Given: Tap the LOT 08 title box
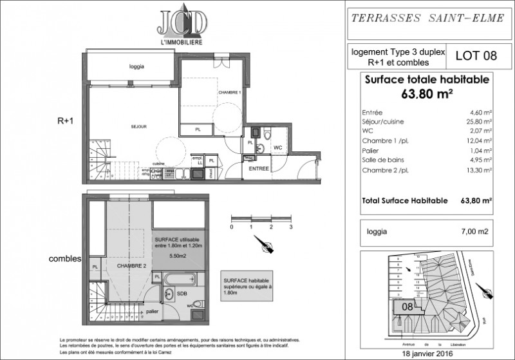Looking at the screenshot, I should tap(471, 55).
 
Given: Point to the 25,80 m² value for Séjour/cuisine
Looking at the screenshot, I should tap(481, 121).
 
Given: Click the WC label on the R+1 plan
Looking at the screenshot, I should tap(277, 147).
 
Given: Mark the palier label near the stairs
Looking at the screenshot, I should tap(152, 311).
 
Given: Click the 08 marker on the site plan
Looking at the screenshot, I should tap(407, 307).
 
